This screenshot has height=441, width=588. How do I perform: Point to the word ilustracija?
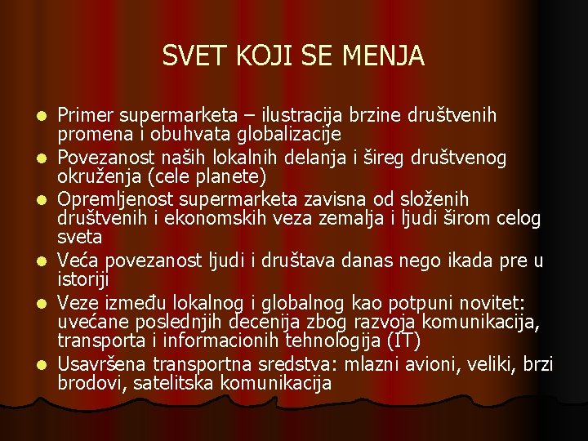tap(312, 115)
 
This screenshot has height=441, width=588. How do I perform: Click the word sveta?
tap(80, 237)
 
